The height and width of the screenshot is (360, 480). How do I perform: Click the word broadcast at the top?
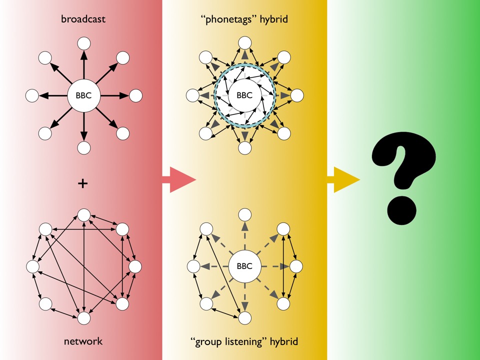(83, 19)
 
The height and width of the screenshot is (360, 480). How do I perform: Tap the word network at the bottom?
(83, 341)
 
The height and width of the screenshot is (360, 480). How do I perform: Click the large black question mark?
(403, 178)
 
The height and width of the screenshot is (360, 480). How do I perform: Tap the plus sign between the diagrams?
(82, 183)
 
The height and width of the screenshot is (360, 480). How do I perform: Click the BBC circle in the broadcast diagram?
(84, 95)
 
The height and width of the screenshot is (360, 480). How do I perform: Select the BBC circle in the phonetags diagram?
(244, 95)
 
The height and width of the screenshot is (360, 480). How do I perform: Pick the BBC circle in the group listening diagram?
(244, 266)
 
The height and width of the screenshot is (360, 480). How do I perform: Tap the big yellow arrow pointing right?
(343, 179)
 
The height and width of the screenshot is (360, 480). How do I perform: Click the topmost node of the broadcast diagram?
(84, 43)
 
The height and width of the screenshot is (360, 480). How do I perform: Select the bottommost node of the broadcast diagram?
(84, 148)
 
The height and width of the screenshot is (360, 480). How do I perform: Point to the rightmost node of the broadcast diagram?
(136, 95)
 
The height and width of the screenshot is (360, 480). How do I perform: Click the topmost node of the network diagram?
(84, 215)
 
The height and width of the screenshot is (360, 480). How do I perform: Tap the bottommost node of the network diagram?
(84, 318)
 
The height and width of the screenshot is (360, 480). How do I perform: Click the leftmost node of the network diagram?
(32, 266)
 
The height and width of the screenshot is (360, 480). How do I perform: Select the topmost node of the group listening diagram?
(244, 215)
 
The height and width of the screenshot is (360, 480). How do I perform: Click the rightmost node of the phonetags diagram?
(297, 95)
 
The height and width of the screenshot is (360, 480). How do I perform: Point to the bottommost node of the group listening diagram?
(244, 318)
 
